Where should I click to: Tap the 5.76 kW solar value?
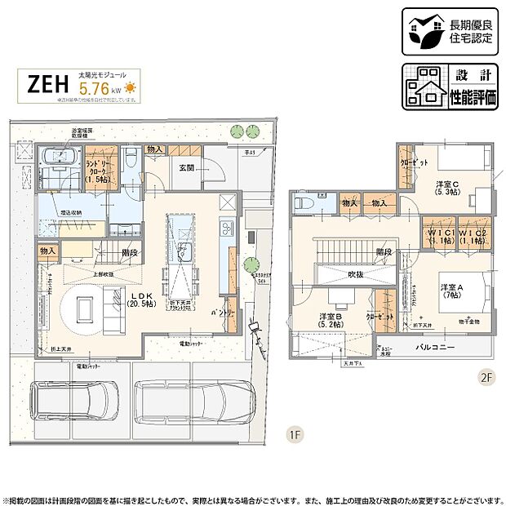click(x=95, y=91)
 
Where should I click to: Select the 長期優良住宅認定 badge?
click(x=448, y=31)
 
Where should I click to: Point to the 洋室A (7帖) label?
click(x=452, y=291)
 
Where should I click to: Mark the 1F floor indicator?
click(x=293, y=434)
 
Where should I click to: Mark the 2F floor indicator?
click(x=486, y=377)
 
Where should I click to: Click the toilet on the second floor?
click(x=303, y=202)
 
